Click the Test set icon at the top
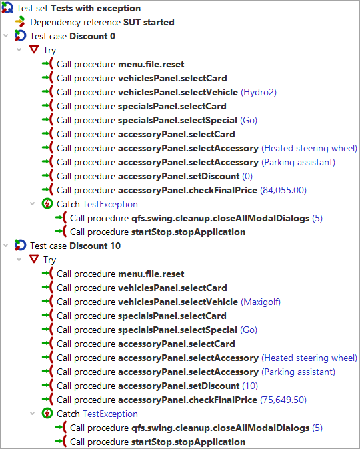(7, 8)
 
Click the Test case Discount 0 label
(73, 37)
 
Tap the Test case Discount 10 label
(75, 246)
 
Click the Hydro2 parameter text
(259, 92)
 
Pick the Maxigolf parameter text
(261, 302)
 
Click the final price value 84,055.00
(283, 190)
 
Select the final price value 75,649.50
(283, 400)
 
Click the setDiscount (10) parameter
(250, 386)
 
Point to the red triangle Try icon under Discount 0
(34, 49)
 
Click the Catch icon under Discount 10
(47, 413)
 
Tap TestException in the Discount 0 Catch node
(110, 204)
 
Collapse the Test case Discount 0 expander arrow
(6, 36)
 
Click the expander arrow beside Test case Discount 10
(6, 246)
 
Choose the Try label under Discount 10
(49, 260)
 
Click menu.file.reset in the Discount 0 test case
(151, 64)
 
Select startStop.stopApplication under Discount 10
(188, 442)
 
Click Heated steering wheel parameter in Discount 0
(309, 149)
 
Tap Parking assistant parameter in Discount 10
(298, 372)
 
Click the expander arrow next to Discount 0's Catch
(33, 204)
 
